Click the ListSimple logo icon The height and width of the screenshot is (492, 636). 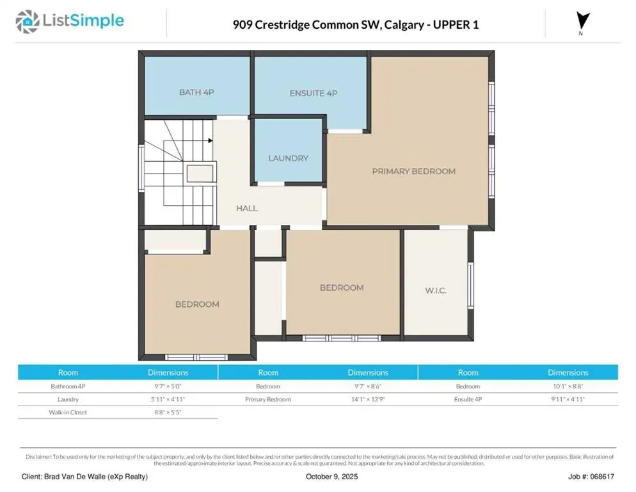pyautogui.click(x=27, y=22)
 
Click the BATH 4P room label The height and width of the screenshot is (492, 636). pyautogui.click(x=196, y=92)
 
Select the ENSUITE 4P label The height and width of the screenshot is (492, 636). pyautogui.click(x=313, y=93)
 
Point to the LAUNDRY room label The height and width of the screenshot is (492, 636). pyautogui.click(x=289, y=158)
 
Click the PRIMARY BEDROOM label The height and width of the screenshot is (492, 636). pyautogui.click(x=414, y=172)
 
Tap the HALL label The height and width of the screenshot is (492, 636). pyautogui.click(x=246, y=208)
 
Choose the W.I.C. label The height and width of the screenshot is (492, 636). pyautogui.click(x=436, y=290)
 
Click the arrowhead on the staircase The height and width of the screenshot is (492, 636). pyautogui.click(x=211, y=140)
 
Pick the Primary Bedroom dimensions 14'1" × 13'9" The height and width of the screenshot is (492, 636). pyautogui.click(x=368, y=399)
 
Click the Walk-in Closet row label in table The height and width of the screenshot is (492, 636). pyautogui.click(x=68, y=413)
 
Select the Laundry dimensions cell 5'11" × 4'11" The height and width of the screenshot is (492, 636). pyautogui.click(x=168, y=399)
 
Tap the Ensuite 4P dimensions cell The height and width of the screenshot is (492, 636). pyautogui.click(x=568, y=399)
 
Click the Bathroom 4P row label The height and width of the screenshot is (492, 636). pyautogui.click(x=68, y=386)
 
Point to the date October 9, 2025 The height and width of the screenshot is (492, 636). pyautogui.click(x=332, y=477)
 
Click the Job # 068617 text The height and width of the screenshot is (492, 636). pyautogui.click(x=591, y=477)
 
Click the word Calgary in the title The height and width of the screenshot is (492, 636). pyautogui.click(x=404, y=25)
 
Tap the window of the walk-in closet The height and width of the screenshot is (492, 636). pyautogui.click(x=471, y=284)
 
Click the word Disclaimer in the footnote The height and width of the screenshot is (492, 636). pyautogui.click(x=39, y=457)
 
